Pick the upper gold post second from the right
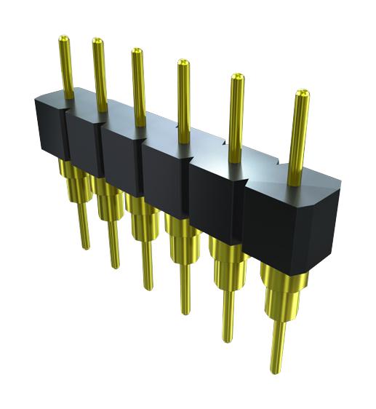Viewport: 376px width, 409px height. pos(236,116)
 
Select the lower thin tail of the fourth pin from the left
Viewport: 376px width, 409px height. pos(185,287)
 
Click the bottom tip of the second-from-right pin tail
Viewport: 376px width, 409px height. pos(228,338)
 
